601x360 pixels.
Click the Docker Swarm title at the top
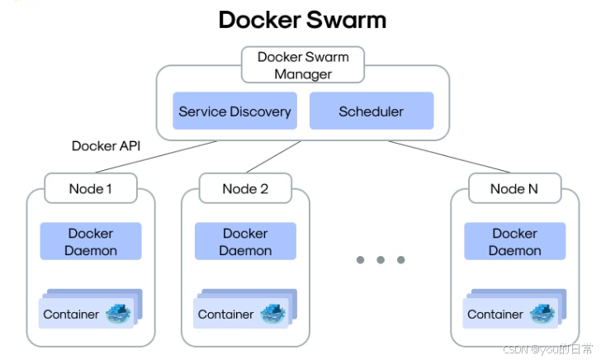click(x=302, y=20)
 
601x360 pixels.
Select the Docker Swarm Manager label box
click(x=303, y=64)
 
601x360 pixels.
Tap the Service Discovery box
click(x=235, y=111)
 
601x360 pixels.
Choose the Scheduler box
click(x=371, y=111)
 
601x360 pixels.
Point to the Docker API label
click(x=106, y=146)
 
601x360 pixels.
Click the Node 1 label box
click(x=91, y=188)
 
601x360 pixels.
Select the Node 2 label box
click(x=245, y=188)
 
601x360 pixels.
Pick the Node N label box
click(x=515, y=188)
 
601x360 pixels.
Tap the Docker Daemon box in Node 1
click(x=91, y=241)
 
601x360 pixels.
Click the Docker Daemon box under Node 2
click(x=245, y=241)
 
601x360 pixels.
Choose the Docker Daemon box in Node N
click(x=515, y=241)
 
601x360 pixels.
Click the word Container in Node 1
click(x=71, y=315)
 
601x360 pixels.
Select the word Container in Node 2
click(x=225, y=315)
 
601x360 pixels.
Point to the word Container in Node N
click(x=495, y=315)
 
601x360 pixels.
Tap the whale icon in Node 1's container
click(x=118, y=314)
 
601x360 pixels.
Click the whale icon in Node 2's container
click(x=273, y=314)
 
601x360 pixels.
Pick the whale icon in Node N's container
click(x=542, y=314)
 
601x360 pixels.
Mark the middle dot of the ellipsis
click(x=381, y=260)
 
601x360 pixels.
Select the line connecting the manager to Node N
click(x=449, y=157)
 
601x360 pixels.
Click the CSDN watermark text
click(x=547, y=349)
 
